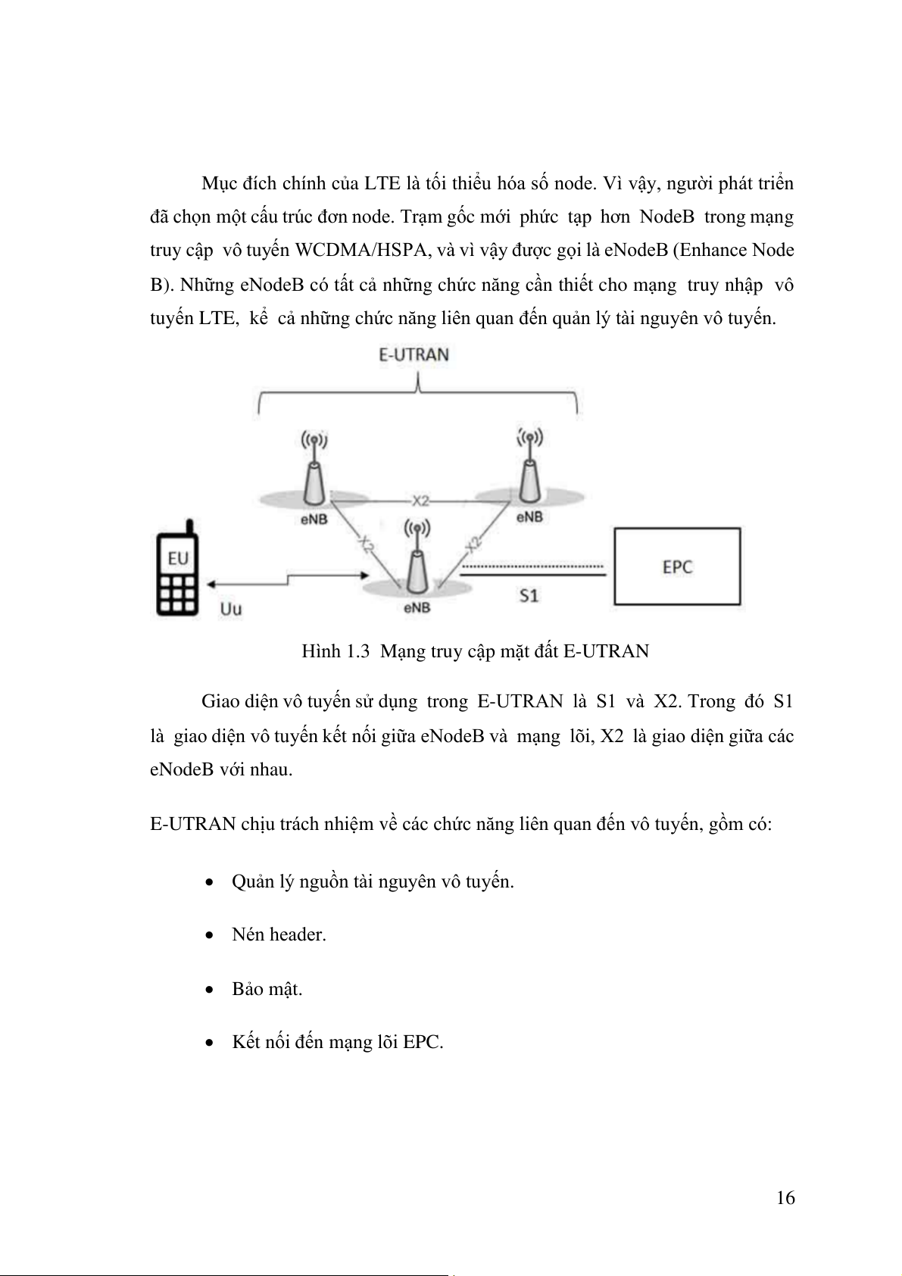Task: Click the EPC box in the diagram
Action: click(677, 566)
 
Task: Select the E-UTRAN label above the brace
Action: click(414, 354)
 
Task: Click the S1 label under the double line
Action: click(529, 596)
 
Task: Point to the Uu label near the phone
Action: click(230, 608)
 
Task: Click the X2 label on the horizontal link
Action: click(420, 501)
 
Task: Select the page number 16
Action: click(785, 1197)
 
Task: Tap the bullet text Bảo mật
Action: click(267, 989)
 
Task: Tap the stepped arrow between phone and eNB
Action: click(286, 581)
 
